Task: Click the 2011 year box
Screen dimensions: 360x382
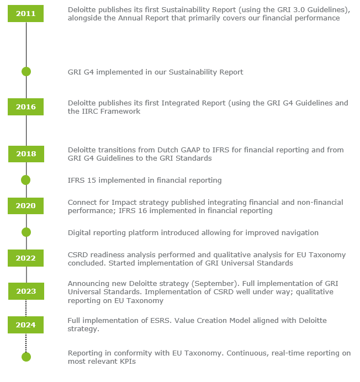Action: (x=25, y=13)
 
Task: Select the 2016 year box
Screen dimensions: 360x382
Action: (x=25, y=107)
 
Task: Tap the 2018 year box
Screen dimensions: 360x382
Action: (x=26, y=153)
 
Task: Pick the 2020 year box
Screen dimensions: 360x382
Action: (x=25, y=206)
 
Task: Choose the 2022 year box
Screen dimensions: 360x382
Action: (x=25, y=258)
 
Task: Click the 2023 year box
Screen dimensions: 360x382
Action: (x=26, y=291)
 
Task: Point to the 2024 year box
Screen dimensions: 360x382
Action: (x=25, y=325)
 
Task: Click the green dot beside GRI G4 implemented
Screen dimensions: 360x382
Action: (x=26, y=72)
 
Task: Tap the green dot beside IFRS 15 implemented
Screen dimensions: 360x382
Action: (x=25, y=180)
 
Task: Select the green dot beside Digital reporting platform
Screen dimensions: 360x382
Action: (x=26, y=232)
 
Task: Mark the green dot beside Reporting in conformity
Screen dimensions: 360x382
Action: (x=26, y=357)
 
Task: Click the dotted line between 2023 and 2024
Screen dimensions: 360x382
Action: (x=26, y=308)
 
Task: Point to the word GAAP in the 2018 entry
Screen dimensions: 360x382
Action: (x=191, y=150)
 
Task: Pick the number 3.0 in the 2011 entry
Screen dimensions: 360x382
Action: (x=299, y=10)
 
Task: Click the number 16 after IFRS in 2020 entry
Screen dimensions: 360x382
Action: (x=142, y=211)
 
